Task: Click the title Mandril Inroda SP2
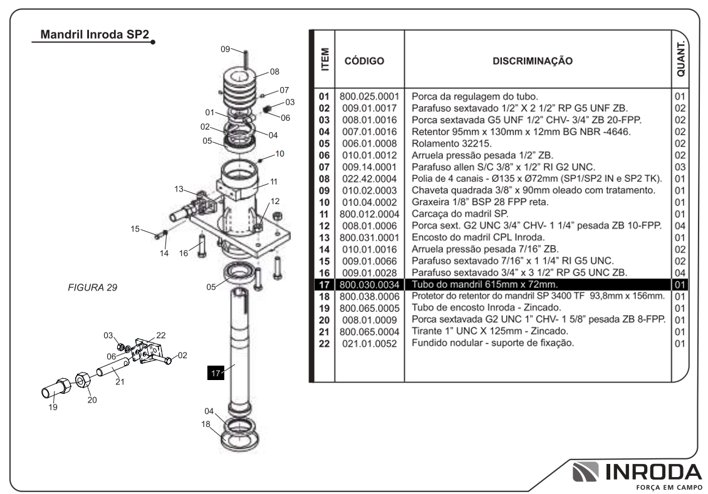click(x=95, y=34)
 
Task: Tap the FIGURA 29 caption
click(x=93, y=287)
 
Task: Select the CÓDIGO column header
click(x=364, y=61)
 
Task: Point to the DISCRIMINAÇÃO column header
click(x=533, y=61)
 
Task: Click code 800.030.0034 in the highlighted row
click(x=370, y=285)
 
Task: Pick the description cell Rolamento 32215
click(x=452, y=143)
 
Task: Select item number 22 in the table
click(x=324, y=344)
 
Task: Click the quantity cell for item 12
click(x=680, y=225)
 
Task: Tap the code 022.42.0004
click(x=370, y=178)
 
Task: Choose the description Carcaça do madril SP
click(x=460, y=214)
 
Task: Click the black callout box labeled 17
click(x=216, y=373)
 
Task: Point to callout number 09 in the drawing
click(x=226, y=49)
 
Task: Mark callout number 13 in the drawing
click(x=179, y=189)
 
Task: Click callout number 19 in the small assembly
click(x=53, y=408)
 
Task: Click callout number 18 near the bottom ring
click(x=206, y=424)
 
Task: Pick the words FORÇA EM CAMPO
click(x=669, y=487)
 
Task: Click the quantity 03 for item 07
click(x=680, y=167)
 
